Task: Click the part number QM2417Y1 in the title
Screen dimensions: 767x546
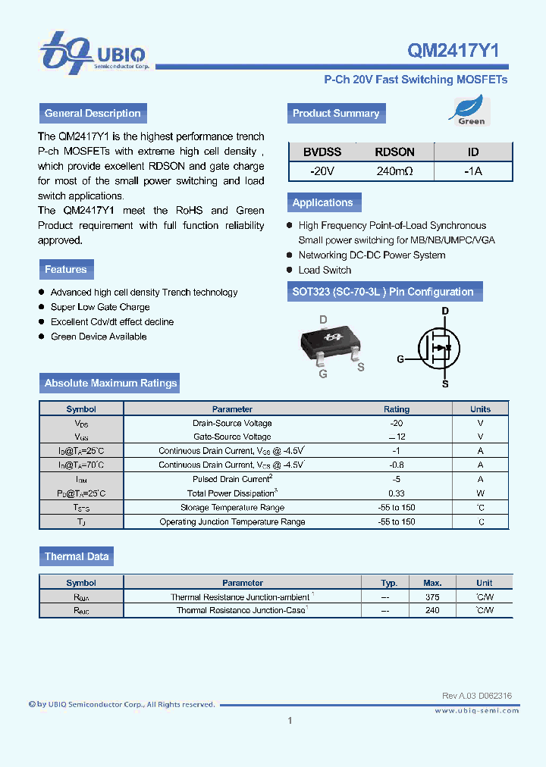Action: [453, 51]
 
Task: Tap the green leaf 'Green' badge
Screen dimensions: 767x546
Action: [471, 110]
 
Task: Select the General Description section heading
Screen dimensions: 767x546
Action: [93, 114]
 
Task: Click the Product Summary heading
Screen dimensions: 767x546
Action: [336, 114]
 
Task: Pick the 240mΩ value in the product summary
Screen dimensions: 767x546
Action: [394, 171]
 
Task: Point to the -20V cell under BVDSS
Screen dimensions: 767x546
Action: [322, 171]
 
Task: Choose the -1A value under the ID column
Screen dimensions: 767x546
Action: [472, 171]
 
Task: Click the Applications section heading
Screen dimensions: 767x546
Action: [323, 202]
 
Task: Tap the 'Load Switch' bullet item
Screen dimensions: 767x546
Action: [325, 270]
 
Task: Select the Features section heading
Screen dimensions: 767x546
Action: [66, 269]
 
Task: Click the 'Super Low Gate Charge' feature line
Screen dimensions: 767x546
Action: [100, 307]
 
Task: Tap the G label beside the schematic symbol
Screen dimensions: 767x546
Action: [400, 359]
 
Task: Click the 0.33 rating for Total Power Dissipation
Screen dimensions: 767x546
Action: [396, 493]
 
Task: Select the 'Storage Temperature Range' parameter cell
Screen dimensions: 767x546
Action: [232, 507]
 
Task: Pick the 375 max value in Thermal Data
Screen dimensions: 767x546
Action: [432, 596]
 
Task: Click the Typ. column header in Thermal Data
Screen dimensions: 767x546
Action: [389, 583]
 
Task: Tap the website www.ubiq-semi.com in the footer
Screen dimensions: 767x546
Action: [477, 710]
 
